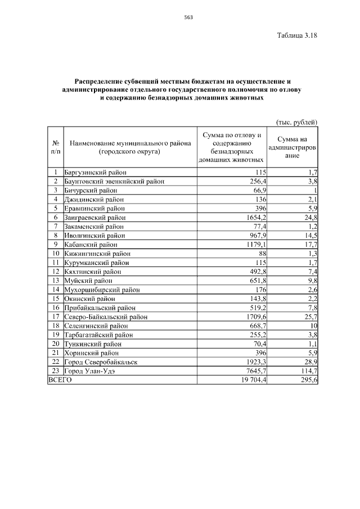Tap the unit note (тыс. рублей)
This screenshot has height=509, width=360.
[297, 122]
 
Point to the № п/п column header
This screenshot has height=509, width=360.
[56, 147]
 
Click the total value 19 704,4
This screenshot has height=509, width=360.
[252, 380]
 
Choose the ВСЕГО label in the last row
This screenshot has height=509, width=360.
[60, 380]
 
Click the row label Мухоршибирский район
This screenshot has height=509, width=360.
[102, 290]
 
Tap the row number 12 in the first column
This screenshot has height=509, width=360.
[56, 272]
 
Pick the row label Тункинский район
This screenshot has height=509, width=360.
[92, 344]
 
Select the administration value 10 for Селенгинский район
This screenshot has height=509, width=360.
[313, 326]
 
